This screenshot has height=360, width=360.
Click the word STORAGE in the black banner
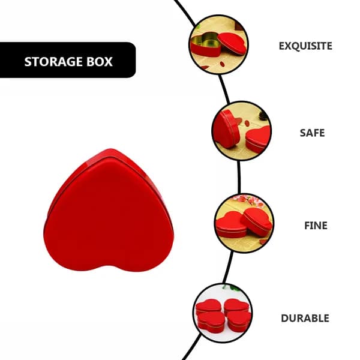tap(53, 62)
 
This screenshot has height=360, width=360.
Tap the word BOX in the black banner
tap(100, 62)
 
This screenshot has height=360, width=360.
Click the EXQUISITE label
tap(305, 46)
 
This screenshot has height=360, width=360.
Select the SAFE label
tap(312, 133)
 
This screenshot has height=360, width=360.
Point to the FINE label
tap(316, 226)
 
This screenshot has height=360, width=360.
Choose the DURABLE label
tap(305, 318)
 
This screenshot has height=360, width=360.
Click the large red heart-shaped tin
tap(109, 210)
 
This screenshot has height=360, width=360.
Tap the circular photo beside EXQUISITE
tap(218, 44)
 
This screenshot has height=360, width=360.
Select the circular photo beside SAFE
tap(242, 131)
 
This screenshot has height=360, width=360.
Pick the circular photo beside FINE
tap(244, 223)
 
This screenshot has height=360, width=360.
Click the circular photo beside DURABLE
tap(223, 313)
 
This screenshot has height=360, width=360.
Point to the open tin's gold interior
tap(206, 40)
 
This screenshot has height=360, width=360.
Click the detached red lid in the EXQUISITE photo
tap(232, 43)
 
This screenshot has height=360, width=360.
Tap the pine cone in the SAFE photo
tap(263, 115)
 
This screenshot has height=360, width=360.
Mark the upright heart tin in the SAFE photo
tap(226, 129)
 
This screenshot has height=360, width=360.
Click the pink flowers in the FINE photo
tap(249, 201)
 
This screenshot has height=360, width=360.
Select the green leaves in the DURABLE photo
tap(231, 287)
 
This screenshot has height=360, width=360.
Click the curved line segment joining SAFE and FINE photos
tap(239, 177)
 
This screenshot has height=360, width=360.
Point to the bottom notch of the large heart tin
tap(109, 266)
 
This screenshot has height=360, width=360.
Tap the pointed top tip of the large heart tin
tap(110, 149)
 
